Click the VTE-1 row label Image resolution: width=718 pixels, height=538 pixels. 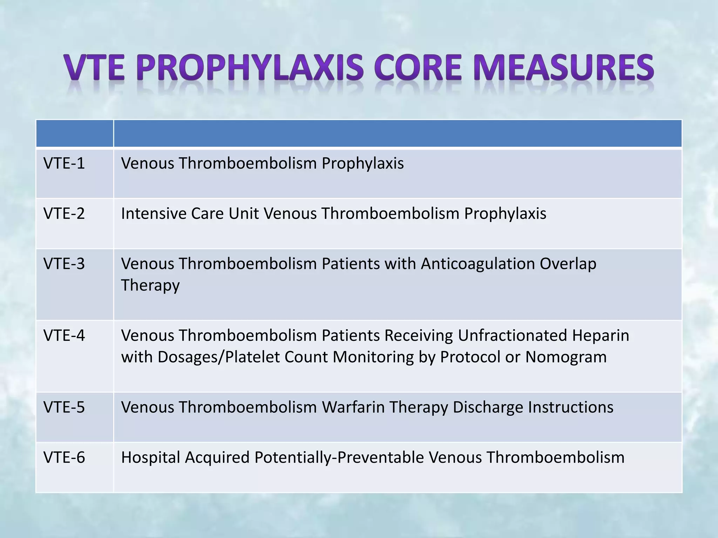[64, 164]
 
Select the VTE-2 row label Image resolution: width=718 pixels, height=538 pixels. [64, 214]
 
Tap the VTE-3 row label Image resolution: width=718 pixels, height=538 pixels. [64, 264]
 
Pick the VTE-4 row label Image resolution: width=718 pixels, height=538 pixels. [64, 336]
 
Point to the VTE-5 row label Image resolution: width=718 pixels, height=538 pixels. [64, 407]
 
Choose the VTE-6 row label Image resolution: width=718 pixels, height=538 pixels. [64, 457]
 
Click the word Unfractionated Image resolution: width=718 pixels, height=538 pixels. [513, 336]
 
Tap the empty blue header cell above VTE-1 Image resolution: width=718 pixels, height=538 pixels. [74, 133]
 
